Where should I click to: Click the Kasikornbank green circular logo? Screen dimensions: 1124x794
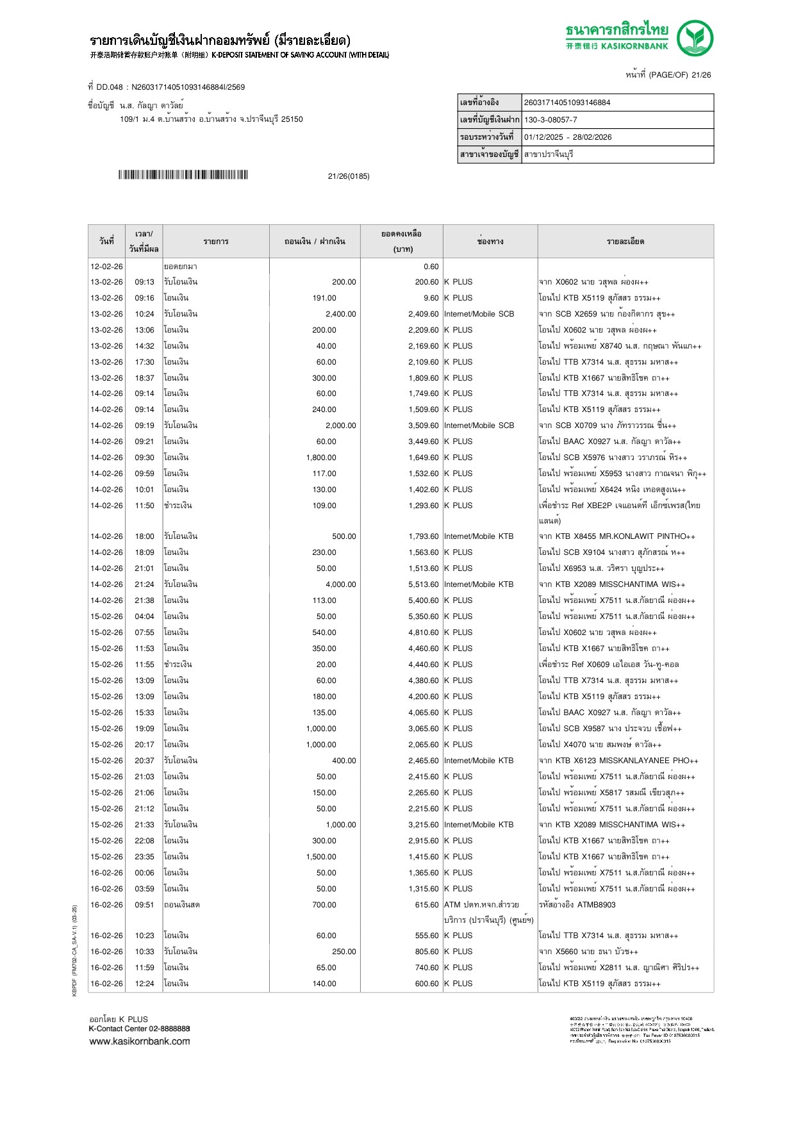point(695,38)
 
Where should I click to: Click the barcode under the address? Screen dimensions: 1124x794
point(183,175)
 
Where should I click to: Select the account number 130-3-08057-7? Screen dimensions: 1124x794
point(550,120)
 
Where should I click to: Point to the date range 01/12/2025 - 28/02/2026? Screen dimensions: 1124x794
point(568,137)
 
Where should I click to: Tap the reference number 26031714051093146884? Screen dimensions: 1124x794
point(567,103)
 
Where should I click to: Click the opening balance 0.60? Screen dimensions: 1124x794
point(431,267)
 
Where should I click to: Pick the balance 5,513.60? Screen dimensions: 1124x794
point(423,584)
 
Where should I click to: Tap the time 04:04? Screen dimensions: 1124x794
point(144,616)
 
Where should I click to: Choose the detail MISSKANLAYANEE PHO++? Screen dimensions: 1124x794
point(649,761)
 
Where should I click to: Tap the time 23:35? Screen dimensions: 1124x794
point(144,857)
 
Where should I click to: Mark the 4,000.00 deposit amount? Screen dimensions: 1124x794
point(340,584)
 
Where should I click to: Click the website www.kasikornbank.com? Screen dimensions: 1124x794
point(140,1041)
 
